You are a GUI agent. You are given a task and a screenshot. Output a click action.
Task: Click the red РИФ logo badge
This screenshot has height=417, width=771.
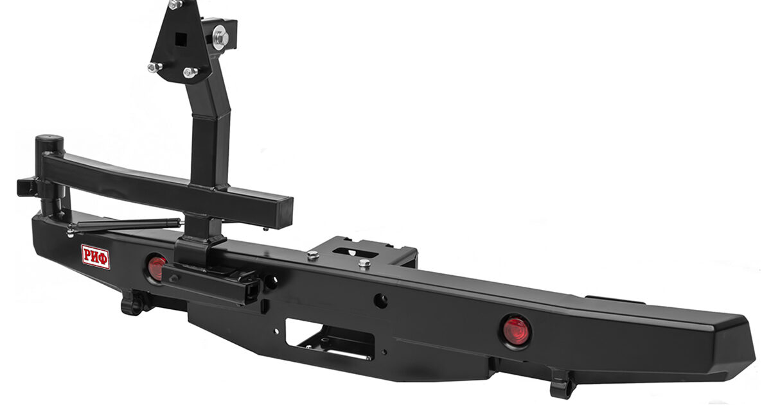click(x=95, y=257)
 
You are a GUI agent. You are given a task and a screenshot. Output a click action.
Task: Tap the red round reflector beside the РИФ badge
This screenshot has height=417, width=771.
click(x=156, y=268)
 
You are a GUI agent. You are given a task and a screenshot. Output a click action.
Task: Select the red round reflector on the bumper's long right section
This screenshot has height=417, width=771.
click(x=515, y=331)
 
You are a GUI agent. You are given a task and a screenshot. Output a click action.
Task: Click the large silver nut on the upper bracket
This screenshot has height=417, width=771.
click(x=220, y=37)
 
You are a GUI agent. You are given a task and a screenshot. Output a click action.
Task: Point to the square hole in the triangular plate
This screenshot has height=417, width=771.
click(x=181, y=39)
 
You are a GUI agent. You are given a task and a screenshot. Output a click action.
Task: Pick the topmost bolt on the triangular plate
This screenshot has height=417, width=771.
click(x=175, y=4)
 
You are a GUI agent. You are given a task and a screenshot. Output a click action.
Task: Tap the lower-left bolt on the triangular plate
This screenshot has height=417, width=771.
click(x=155, y=67)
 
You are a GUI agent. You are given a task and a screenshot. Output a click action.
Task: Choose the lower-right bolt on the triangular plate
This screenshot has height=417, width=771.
click(x=190, y=72)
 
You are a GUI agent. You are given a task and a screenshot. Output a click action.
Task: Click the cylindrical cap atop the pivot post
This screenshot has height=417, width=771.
click(x=49, y=142)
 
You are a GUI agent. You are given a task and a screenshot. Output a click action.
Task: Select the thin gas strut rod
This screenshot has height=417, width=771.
click(x=127, y=225)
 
